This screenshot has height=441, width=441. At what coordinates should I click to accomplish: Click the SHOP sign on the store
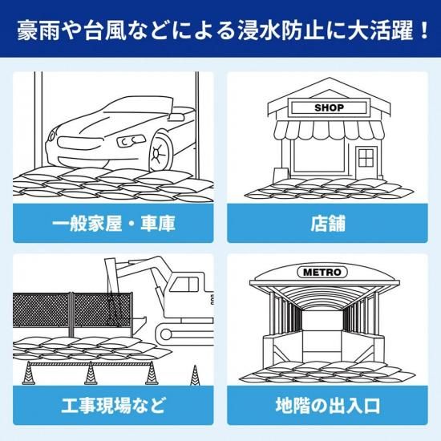coord(329,107)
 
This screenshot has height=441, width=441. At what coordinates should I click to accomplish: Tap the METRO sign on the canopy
coord(322,272)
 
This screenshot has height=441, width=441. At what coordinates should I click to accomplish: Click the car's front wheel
coord(160,153)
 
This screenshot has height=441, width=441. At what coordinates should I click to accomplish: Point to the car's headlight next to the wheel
coord(131,140)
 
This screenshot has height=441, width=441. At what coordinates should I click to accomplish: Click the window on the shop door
coord(366,158)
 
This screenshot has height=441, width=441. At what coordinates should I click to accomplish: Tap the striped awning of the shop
coord(330,130)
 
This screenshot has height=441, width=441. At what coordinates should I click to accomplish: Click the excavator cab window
coord(184,284)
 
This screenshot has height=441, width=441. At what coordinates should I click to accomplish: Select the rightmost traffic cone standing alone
coord(195,375)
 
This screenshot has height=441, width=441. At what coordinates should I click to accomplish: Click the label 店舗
coord(328,224)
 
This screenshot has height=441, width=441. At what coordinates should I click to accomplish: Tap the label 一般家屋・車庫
coord(113,224)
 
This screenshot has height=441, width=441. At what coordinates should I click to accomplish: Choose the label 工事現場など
coord(113,405)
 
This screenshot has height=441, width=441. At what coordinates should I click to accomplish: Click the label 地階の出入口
coord(328,405)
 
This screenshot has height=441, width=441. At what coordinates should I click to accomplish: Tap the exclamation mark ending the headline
coord(423,30)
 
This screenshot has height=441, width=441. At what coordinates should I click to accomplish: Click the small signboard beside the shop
coord(281,174)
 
